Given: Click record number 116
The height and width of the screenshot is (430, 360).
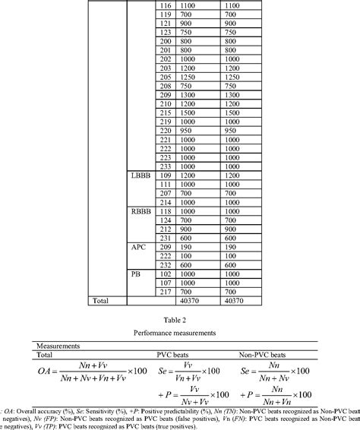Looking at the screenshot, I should [165, 5].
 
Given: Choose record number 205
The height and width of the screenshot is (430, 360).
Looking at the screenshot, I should [165, 77].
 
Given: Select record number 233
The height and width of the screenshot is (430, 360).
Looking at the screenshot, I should [165, 166].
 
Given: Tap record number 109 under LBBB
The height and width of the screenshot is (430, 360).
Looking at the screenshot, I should [165, 175].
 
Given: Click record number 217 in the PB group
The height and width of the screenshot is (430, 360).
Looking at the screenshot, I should [165, 292].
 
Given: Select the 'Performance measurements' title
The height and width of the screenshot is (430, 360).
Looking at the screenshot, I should [180, 333].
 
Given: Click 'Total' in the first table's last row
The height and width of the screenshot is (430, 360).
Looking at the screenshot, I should [101, 301].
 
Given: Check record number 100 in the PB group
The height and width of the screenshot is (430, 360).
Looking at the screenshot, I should [165, 273].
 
